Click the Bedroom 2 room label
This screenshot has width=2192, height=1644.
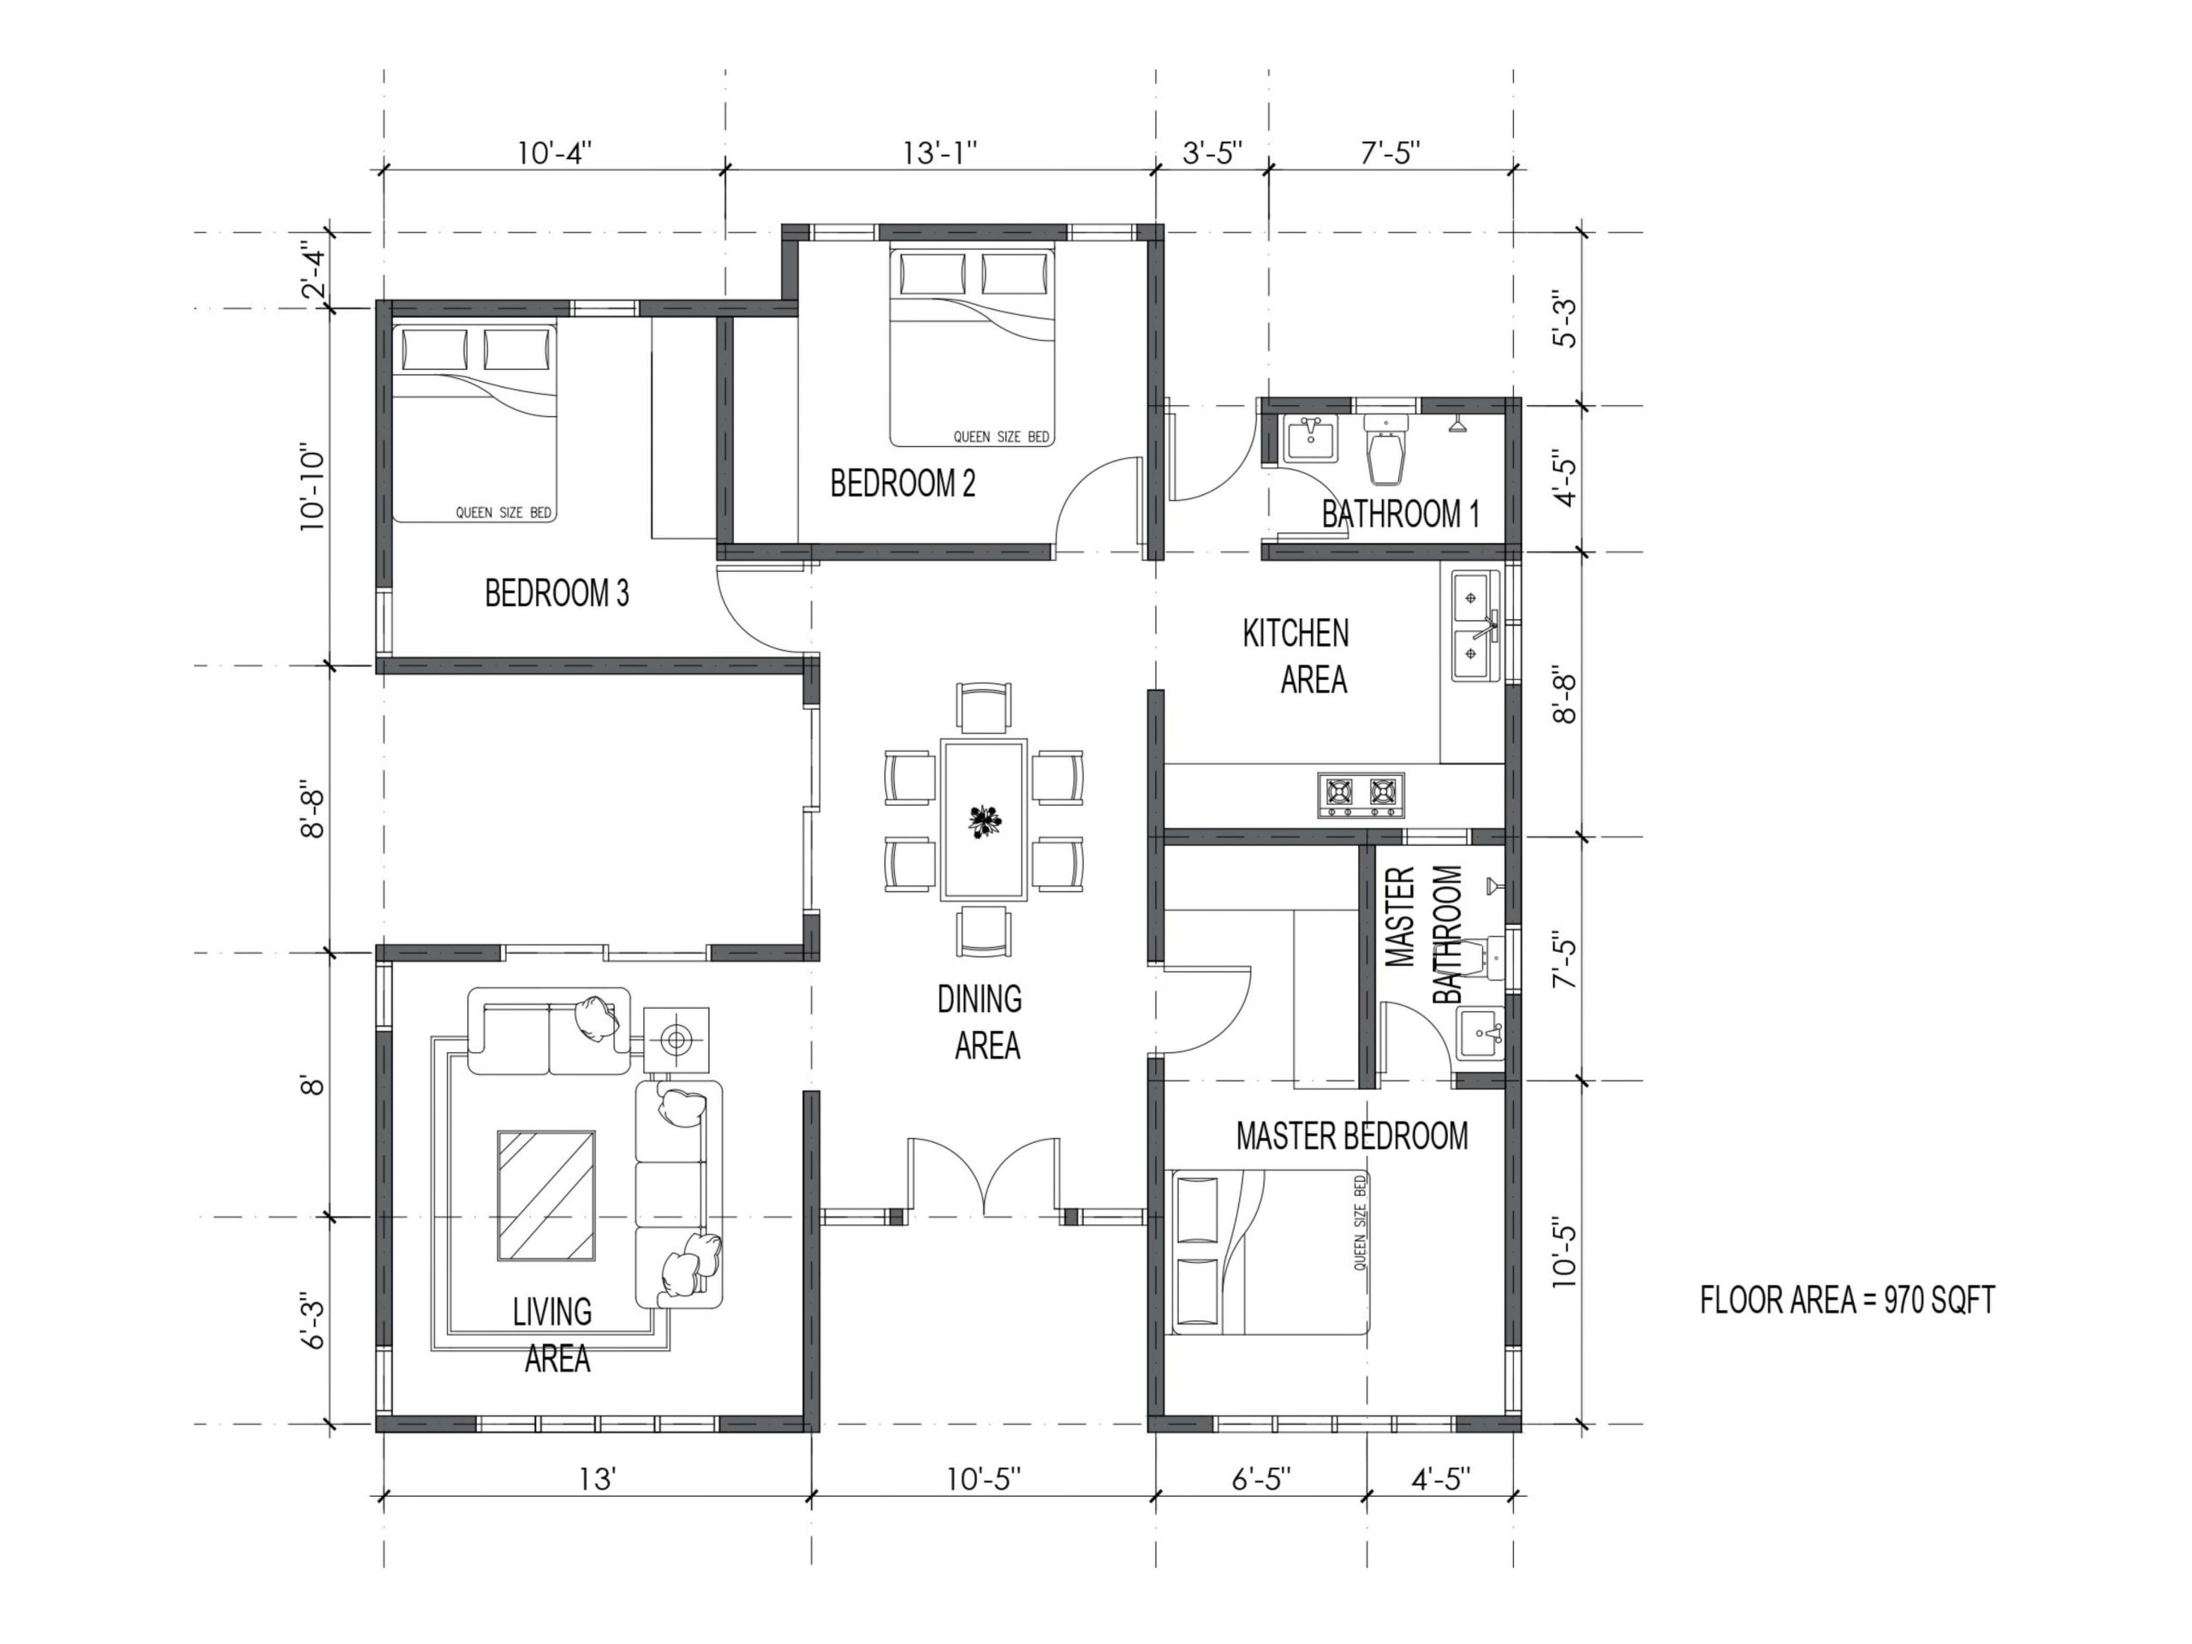[902, 484]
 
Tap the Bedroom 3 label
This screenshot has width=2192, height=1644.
[556, 593]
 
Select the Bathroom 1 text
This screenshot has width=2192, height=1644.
[1400, 515]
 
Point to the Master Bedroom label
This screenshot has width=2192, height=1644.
[1352, 1135]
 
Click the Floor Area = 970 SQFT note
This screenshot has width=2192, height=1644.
[1847, 1300]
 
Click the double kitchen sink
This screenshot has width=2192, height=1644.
[1476, 625]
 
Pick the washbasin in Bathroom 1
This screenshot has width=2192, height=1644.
[1310, 439]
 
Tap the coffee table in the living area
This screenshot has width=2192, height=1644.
[546, 1196]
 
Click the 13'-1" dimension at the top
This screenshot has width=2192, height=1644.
[939, 153]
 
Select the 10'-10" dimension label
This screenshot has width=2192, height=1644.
[313, 486]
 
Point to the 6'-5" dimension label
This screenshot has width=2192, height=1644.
[1261, 1480]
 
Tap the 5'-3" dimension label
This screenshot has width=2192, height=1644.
[1564, 319]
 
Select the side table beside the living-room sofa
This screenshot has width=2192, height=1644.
[676, 1040]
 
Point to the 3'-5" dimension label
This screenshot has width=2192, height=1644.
[1213, 153]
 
